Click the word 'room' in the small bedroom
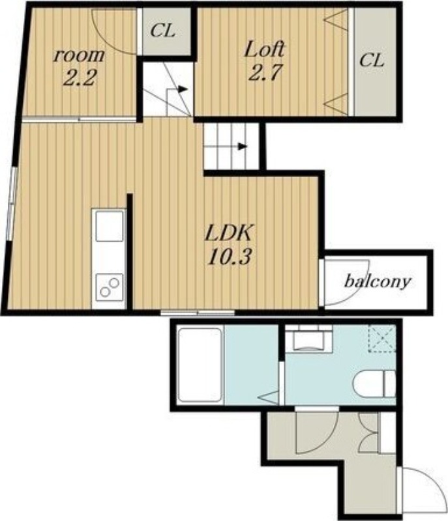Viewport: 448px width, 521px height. pos(79,55)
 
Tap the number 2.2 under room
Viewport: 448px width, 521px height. pos(80,78)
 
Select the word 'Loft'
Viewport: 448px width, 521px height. pos(265,49)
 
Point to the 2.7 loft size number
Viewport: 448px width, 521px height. pos(265,73)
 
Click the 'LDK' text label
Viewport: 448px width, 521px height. pos(229,233)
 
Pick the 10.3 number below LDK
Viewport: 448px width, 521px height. pos(229,257)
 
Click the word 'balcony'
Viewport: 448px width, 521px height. pos(378,283)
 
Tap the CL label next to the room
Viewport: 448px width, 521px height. pos(163,31)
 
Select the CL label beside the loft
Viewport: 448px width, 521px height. pos(372,61)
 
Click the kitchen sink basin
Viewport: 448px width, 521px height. pos(110,226)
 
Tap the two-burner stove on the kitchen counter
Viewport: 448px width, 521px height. pos(110,287)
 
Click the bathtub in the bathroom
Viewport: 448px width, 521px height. pos(200,365)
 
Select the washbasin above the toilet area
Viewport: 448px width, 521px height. pos(309,338)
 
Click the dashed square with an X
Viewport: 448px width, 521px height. pos(382,338)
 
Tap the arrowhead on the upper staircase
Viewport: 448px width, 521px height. pos(181,89)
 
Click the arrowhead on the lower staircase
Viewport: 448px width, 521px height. pos(243,146)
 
